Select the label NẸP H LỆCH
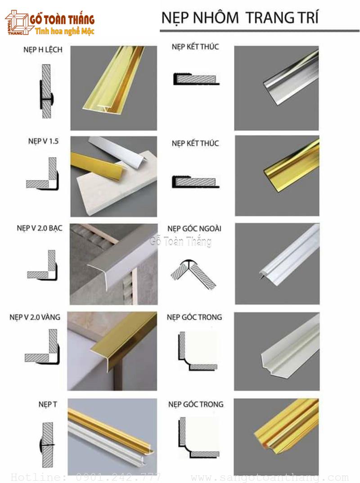[x=43, y=50]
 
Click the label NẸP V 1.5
[x=43, y=141]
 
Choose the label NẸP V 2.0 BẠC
[x=40, y=228]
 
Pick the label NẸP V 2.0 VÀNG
[x=35, y=317]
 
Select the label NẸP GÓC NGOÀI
[x=194, y=228]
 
